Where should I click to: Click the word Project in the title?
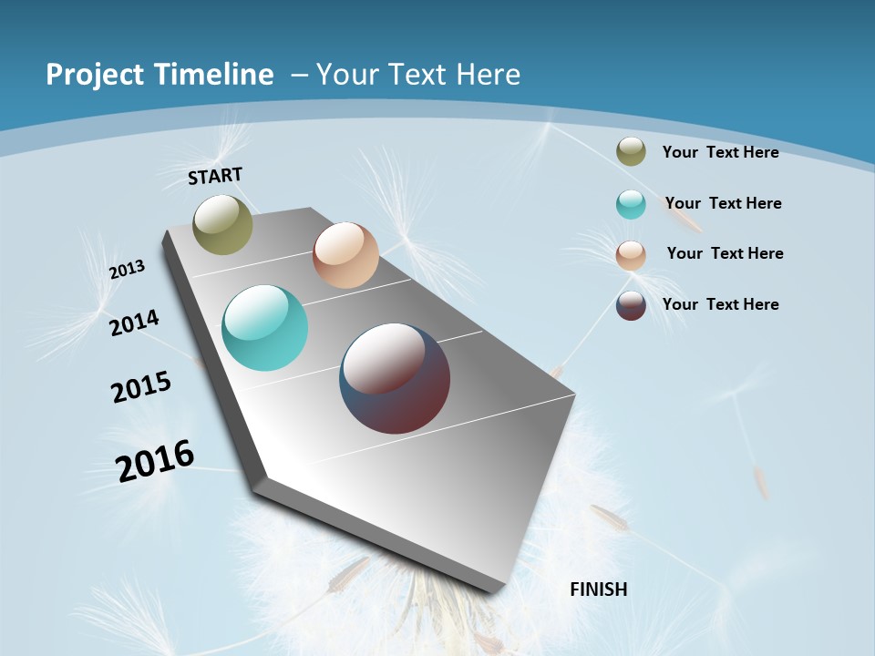point(96,75)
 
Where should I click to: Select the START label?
point(215,176)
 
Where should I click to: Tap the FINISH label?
point(599,589)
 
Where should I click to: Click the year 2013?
point(127,270)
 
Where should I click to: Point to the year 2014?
point(135,323)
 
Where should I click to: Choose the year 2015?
point(141,387)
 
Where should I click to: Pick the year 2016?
point(155,461)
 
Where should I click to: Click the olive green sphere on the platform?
point(223,224)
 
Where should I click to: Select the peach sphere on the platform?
point(345,255)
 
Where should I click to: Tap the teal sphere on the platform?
point(265,328)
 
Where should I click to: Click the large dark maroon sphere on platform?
point(395,378)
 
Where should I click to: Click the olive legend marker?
point(631,152)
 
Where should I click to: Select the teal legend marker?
point(631,204)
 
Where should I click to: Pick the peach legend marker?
point(631,255)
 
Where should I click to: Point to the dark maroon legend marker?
point(631,305)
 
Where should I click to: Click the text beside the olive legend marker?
point(720,152)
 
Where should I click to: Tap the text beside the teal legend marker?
point(723,203)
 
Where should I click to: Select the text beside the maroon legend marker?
point(720,304)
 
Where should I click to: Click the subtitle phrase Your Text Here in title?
point(418,75)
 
